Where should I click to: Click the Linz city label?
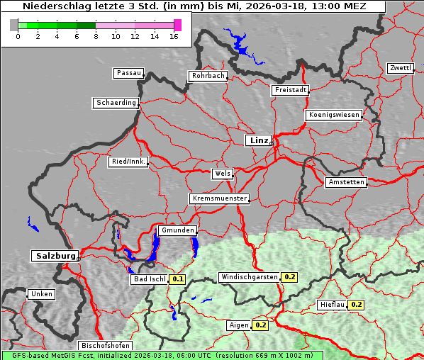pyautogui.click(x=258, y=140)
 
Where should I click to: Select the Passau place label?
pyautogui.click(x=128, y=73)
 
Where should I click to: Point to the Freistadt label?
pyautogui.click(x=290, y=90)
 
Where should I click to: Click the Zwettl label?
pyautogui.click(x=400, y=68)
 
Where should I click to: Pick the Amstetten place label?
pyautogui.click(x=346, y=182)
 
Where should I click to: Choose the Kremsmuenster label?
pyautogui.click(x=220, y=198)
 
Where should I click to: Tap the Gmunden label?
pyautogui.click(x=177, y=230)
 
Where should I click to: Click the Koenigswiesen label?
pyautogui.click(x=334, y=115)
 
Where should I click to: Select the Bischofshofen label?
pyautogui.click(x=104, y=346)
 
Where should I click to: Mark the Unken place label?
pyautogui.click(x=41, y=294)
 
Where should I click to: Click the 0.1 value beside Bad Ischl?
pyautogui.click(x=178, y=279)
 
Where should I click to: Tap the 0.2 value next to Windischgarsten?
pyautogui.click(x=289, y=277)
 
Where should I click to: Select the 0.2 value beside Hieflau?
pyautogui.click(x=356, y=305)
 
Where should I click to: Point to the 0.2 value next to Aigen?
pyautogui.click(x=260, y=325)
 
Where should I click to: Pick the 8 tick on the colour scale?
pyautogui.click(x=96, y=35)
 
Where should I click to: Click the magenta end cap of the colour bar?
pyautogui.click(x=177, y=25)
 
